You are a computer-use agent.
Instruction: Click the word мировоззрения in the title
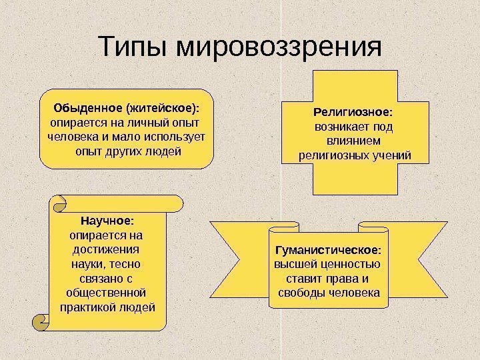278,49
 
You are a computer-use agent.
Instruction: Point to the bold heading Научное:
107,220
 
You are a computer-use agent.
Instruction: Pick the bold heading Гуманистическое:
329,251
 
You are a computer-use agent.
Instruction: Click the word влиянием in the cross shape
354,141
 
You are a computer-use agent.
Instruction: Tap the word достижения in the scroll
107,249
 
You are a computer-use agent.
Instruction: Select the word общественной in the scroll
107,293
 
